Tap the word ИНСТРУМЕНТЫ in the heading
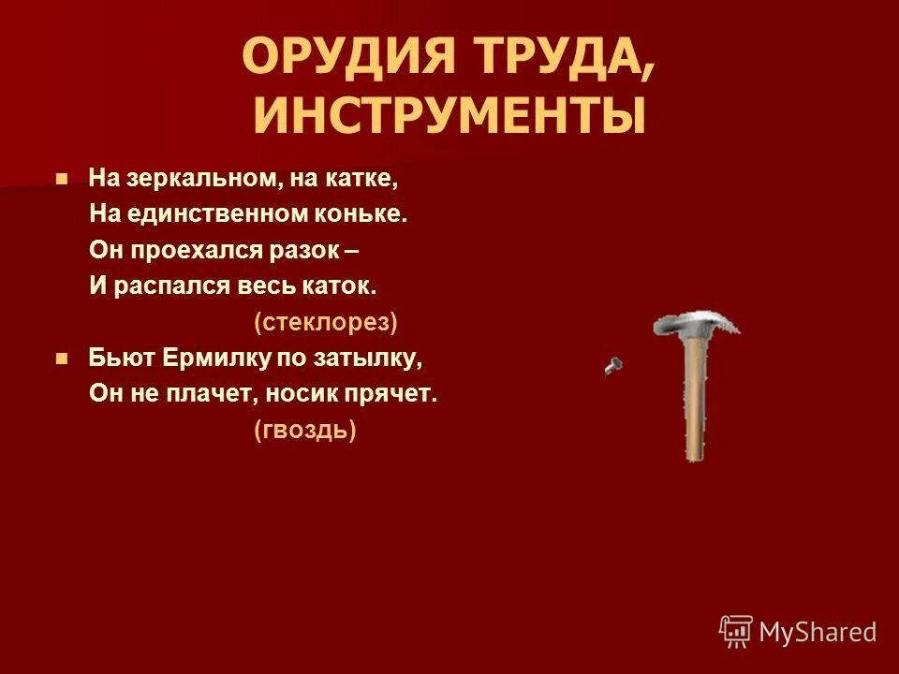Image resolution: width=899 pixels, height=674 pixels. point(449,116)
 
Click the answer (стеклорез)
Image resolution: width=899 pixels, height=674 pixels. point(326,323)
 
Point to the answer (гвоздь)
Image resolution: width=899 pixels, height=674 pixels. point(305,430)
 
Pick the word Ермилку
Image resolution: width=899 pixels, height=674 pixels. point(212,358)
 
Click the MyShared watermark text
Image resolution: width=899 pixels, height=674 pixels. point(818,632)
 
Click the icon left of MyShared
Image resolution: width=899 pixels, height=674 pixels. point(736,632)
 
